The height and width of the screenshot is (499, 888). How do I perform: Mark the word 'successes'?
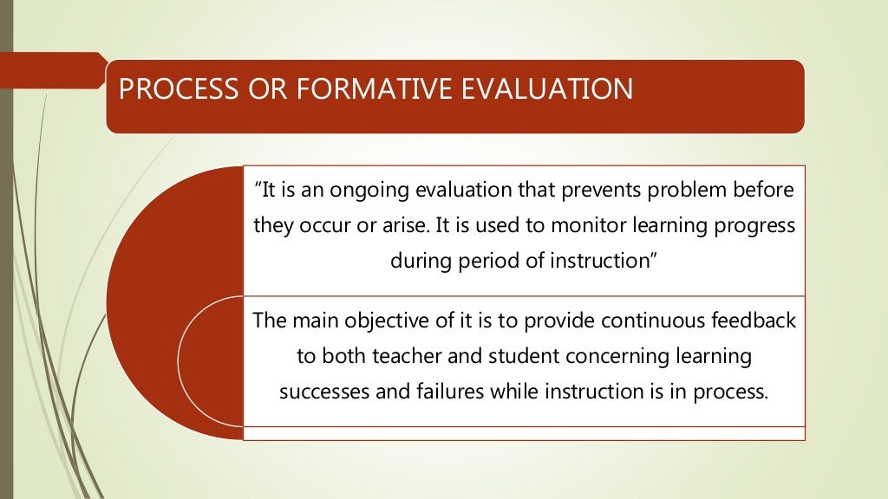pos(318,391)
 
